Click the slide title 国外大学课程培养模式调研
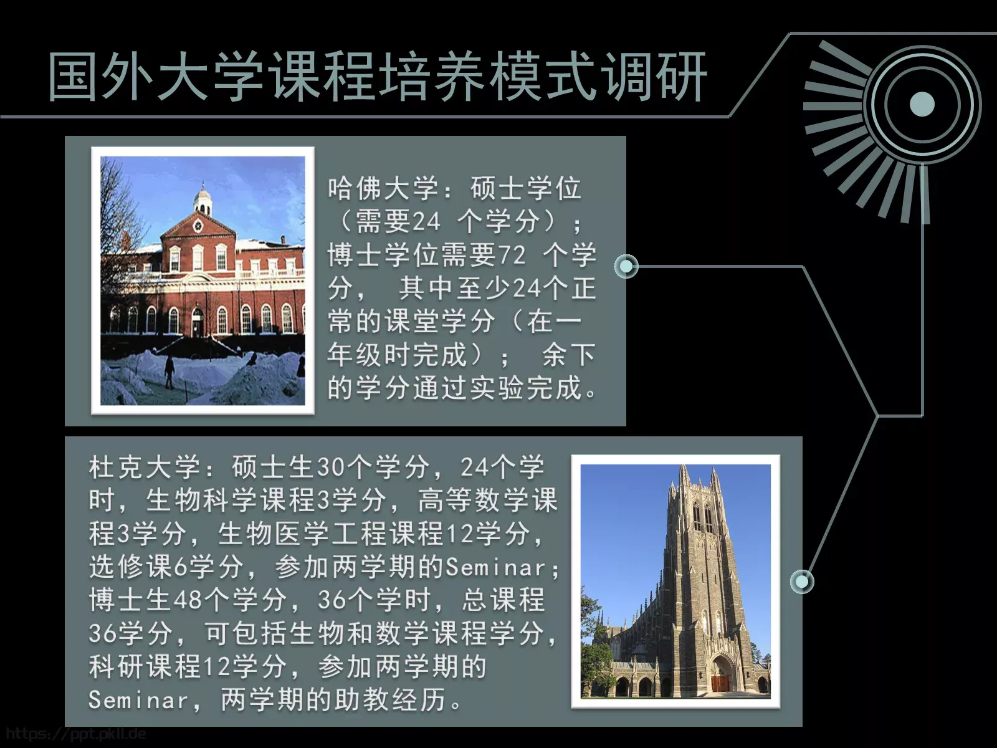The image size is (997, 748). coord(378,77)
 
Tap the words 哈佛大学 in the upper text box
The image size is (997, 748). coord(383,189)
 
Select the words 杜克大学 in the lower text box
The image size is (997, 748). coord(145,467)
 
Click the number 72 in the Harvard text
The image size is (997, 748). coord(512,255)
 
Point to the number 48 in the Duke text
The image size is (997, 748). coord(188,600)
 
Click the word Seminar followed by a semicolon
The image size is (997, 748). coord(496,567)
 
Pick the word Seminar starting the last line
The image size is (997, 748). coord(138,700)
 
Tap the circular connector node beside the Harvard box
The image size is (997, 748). coord(626,267)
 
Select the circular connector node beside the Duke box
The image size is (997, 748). coord(802,582)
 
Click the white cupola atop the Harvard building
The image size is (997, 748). coord(203,199)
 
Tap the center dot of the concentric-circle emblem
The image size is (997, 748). coord(922,105)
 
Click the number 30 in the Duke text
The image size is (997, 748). coord(331,467)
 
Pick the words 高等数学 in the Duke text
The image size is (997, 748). coord(474,500)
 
